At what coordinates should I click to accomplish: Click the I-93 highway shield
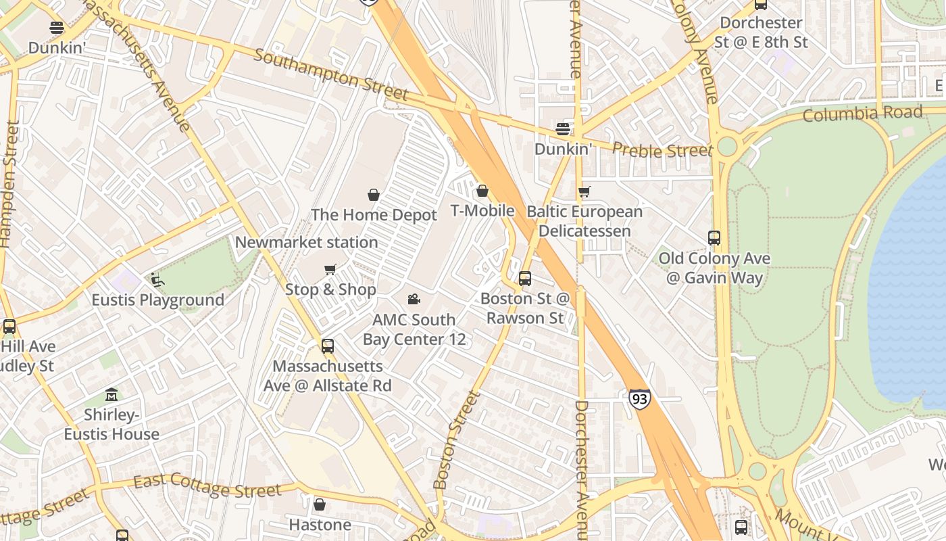pyautogui.click(x=639, y=399)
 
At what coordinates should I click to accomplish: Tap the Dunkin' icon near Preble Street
pyautogui.click(x=563, y=128)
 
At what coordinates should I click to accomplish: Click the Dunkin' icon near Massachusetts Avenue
pyautogui.click(x=57, y=28)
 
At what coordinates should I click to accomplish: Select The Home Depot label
pyautogui.click(x=374, y=215)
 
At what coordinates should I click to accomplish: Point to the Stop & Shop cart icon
pyautogui.click(x=330, y=270)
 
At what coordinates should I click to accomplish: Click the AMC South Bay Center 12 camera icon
pyautogui.click(x=414, y=299)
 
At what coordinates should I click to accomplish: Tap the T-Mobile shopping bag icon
pyautogui.click(x=482, y=191)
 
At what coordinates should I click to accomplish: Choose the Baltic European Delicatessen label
pyautogui.click(x=584, y=221)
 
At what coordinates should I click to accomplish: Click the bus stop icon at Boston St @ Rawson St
pyautogui.click(x=525, y=278)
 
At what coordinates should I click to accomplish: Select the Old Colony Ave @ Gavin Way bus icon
pyautogui.click(x=714, y=238)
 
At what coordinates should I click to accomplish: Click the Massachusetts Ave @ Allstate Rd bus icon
pyautogui.click(x=328, y=346)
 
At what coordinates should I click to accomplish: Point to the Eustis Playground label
pyautogui.click(x=157, y=300)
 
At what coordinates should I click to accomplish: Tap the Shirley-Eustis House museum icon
pyautogui.click(x=111, y=394)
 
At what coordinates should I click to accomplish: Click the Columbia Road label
pyautogui.click(x=862, y=114)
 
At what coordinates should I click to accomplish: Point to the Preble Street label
pyautogui.click(x=662, y=150)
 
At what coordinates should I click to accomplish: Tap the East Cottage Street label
pyautogui.click(x=207, y=486)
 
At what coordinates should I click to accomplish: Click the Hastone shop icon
pyautogui.click(x=320, y=504)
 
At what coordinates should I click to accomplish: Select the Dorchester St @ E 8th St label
pyautogui.click(x=761, y=32)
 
